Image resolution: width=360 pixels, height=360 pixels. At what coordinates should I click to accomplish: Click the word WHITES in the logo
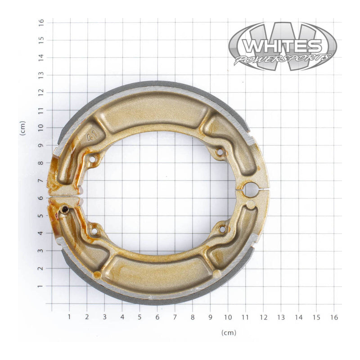282,45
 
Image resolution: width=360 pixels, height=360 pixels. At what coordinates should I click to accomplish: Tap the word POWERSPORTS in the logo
282,59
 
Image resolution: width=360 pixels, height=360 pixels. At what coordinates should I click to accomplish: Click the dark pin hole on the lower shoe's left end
66,209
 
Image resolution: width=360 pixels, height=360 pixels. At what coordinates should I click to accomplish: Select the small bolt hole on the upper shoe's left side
93,159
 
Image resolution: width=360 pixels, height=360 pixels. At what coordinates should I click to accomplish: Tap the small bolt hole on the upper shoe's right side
220,153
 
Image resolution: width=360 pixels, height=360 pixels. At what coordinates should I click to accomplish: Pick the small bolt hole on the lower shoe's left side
94,231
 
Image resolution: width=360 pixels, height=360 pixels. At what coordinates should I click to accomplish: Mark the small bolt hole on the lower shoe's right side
222,229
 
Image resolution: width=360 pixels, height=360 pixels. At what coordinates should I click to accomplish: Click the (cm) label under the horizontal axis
229,333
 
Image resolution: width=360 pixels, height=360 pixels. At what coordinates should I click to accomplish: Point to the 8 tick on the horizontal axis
193,317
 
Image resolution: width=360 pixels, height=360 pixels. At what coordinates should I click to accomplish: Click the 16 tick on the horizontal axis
334,317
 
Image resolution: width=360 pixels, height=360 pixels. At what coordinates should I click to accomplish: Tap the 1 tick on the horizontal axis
69,317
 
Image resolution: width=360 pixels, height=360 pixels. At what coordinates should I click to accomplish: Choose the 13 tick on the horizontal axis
281,317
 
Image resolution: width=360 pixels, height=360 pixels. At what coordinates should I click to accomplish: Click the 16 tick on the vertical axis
41,22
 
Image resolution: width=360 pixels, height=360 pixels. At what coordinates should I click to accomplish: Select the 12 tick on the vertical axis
41,92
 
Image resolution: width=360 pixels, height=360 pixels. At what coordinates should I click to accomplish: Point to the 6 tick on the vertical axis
41,198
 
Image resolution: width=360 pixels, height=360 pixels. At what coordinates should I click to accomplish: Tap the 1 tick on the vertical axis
41,286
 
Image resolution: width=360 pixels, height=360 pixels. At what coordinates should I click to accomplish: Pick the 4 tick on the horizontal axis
122,317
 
